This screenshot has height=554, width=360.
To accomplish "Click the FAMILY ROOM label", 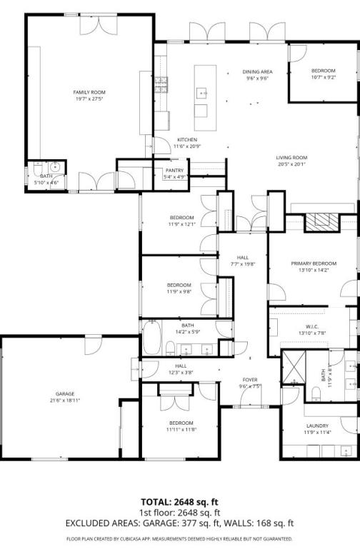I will [x=89, y=92].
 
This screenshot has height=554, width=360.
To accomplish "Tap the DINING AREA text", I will [x=257, y=72].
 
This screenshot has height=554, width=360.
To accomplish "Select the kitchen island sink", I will [x=201, y=92].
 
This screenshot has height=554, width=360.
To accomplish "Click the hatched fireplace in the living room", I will [x=321, y=220].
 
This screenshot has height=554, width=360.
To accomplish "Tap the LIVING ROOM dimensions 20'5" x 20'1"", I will [x=291, y=163].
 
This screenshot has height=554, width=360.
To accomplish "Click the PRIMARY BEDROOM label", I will [x=313, y=263].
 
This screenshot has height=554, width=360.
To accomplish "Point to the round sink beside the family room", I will [x=56, y=168].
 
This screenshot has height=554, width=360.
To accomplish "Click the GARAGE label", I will [x=65, y=393].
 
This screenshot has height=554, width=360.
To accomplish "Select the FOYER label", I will [x=250, y=380].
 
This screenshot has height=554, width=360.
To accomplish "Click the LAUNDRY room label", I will [x=317, y=426].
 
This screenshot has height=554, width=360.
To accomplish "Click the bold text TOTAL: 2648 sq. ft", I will [x=179, y=503].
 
